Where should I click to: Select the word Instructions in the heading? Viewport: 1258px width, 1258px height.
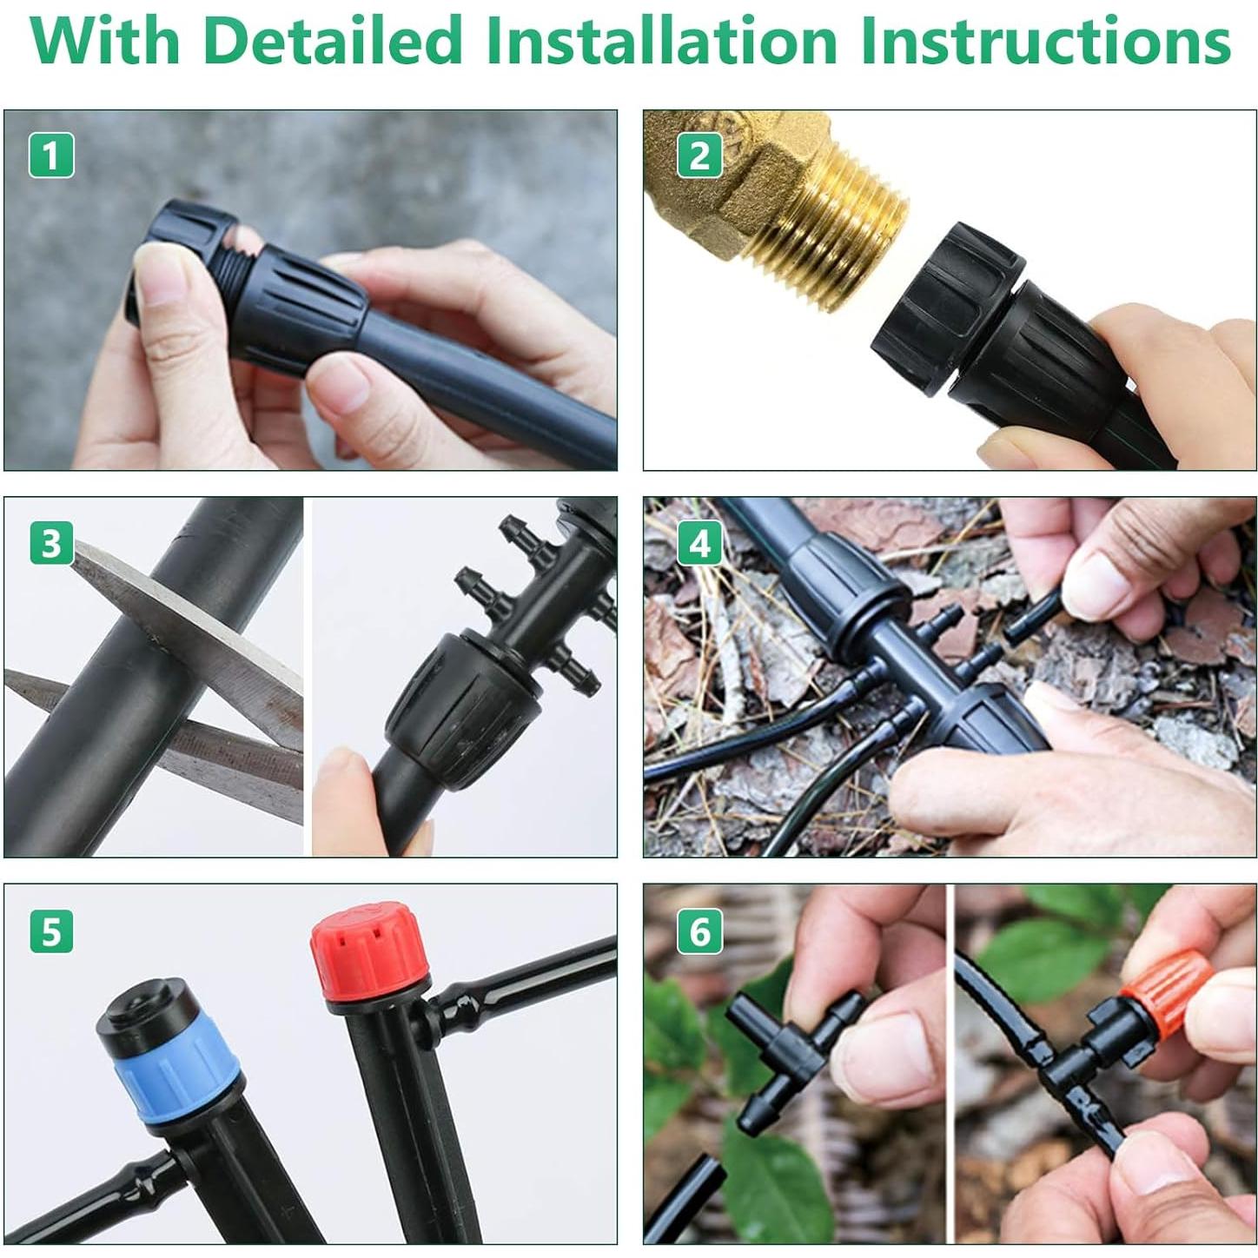[x=1048, y=40]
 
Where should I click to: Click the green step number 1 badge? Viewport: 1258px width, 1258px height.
[x=51, y=156]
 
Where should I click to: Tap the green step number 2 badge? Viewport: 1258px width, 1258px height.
[x=699, y=156]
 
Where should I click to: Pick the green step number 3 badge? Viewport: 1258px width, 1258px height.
[x=51, y=542]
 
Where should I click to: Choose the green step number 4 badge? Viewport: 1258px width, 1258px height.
[x=699, y=542]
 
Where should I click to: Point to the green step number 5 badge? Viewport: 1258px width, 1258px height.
[x=51, y=931]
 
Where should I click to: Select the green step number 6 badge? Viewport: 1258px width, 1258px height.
[x=699, y=931]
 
